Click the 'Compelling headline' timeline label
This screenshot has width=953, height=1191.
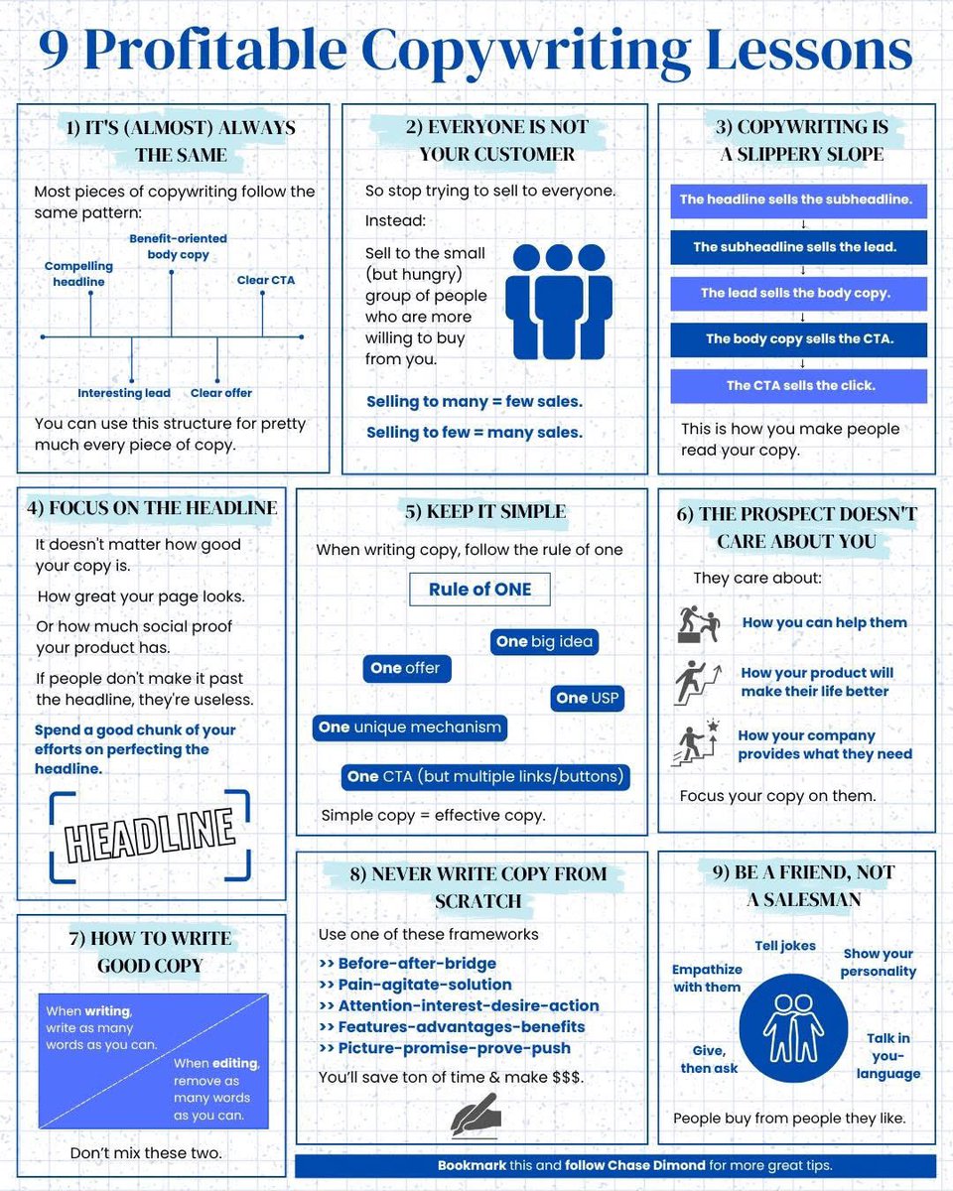(x=78, y=274)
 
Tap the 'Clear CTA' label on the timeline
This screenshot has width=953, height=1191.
(x=265, y=280)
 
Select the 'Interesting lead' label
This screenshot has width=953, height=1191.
(x=124, y=393)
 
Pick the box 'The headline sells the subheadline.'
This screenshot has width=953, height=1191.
(x=797, y=199)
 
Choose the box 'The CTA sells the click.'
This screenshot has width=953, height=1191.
(x=799, y=386)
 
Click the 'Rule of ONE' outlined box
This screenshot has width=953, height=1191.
(x=479, y=590)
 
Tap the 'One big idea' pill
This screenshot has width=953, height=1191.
(x=544, y=641)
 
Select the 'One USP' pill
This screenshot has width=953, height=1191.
(x=588, y=698)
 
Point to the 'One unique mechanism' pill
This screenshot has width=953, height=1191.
(x=409, y=728)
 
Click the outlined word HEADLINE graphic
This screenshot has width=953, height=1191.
(x=149, y=834)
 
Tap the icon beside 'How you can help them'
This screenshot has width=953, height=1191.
(x=698, y=623)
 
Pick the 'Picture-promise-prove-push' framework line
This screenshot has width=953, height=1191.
(x=445, y=1048)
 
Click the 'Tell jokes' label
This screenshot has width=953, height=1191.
(x=784, y=946)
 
